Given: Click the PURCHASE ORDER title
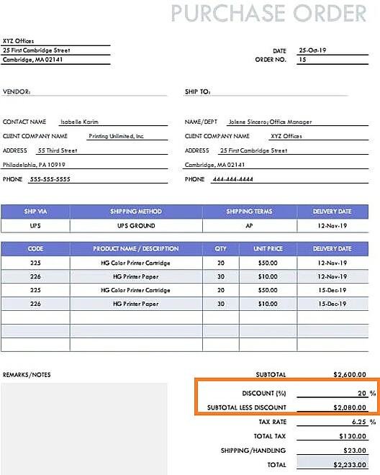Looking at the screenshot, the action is pos(268,13).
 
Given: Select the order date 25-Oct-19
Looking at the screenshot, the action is pos(312,51).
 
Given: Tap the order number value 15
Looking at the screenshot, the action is pos(302,60).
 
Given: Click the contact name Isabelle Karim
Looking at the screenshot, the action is pos(81,122).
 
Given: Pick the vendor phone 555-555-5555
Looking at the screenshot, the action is pos(50,179).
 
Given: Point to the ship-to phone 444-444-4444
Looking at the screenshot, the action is pos(232,179).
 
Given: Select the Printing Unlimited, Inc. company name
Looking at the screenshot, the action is pos(117,136).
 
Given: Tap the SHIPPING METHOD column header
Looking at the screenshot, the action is pos(136,212).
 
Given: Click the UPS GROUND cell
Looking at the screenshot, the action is pos(136,226).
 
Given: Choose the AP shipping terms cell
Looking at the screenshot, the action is pos(250,226).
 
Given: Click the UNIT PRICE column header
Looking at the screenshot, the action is pos(268,249).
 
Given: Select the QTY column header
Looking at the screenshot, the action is pos(220,249).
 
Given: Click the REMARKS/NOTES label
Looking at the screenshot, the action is pos(27,375).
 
